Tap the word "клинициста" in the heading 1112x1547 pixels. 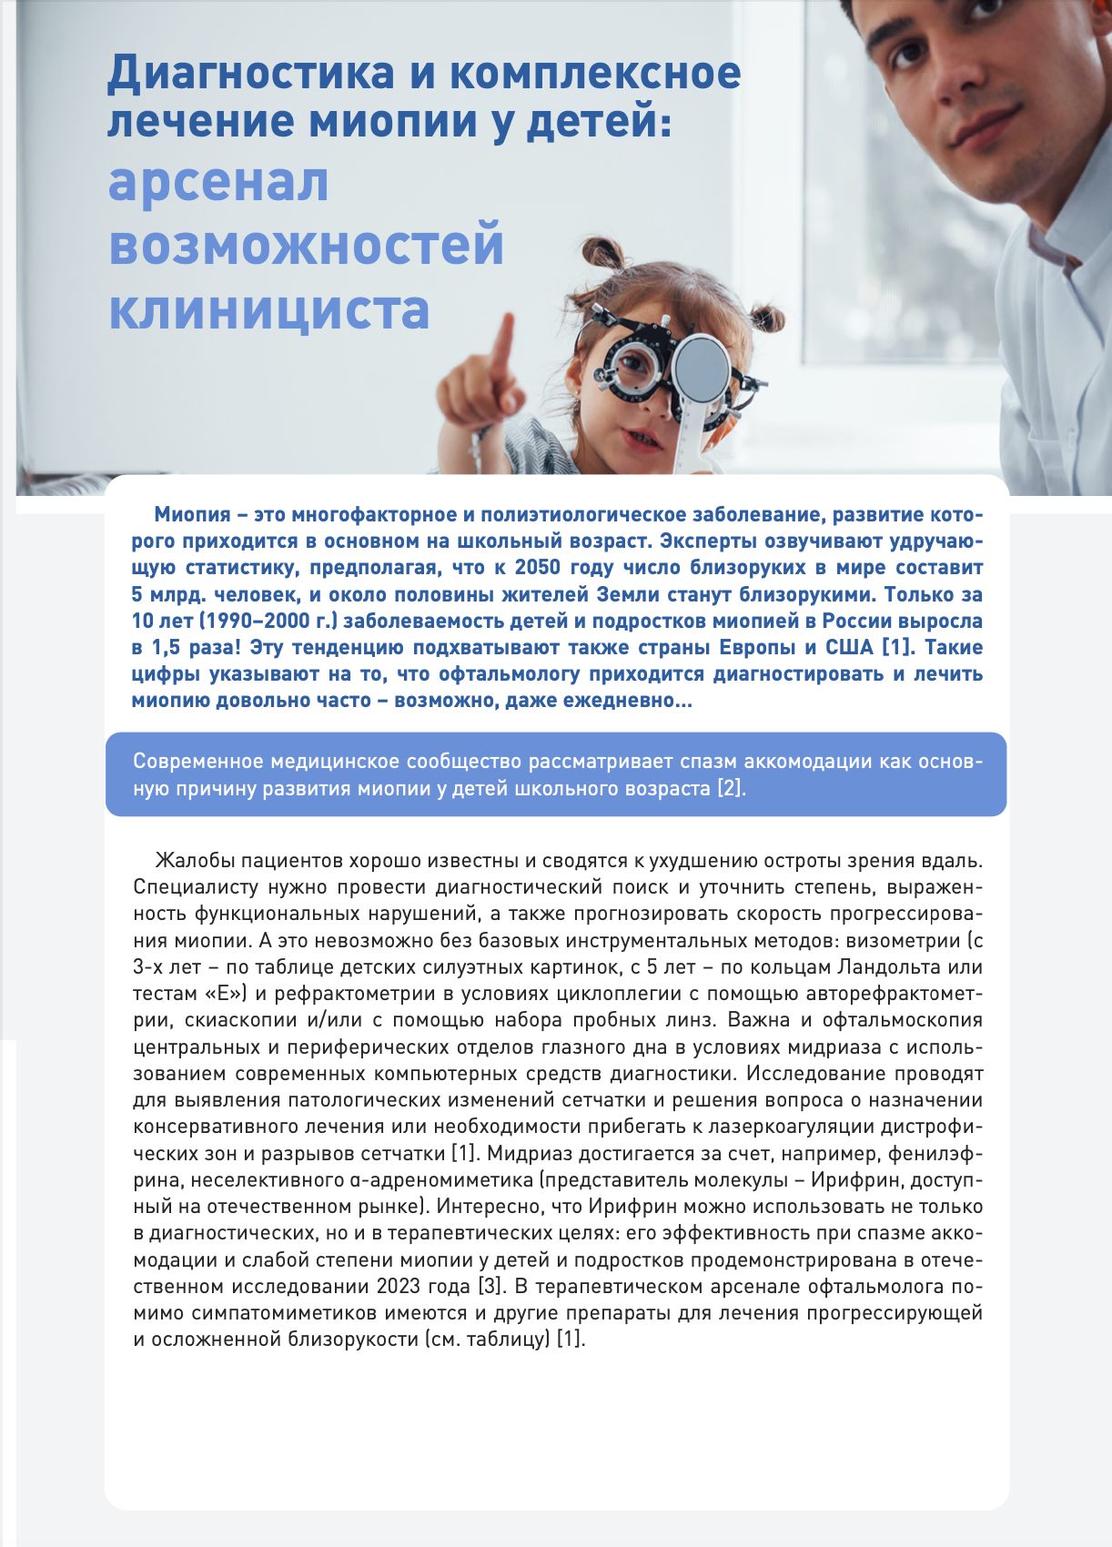268,310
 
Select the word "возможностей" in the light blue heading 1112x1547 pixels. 307,246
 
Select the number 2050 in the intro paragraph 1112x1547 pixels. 538,568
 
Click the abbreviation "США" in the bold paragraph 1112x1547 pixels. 848,648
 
